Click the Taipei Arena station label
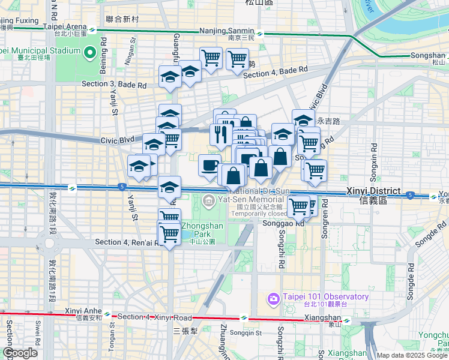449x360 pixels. tap(64, 27)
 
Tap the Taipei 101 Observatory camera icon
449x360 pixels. tap(273, 298)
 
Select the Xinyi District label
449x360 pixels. tap(373, 191)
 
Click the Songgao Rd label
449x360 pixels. tap(283, 224)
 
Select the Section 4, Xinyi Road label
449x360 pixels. tap(154, 317)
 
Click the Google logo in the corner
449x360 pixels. tap(20, 353)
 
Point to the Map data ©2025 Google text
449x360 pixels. tap(412, 355)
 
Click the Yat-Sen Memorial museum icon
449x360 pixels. tap(208, 199)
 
